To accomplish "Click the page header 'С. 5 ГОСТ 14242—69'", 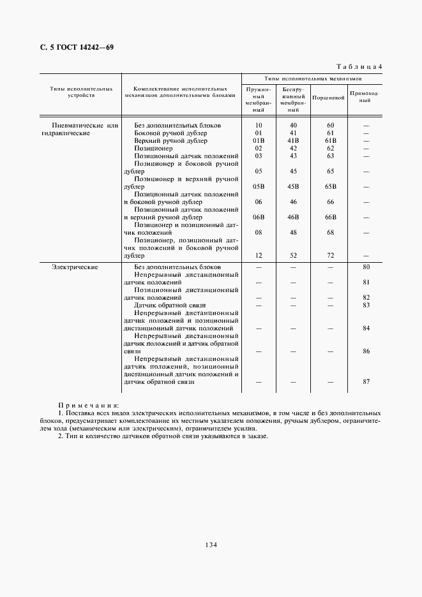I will [73, 47].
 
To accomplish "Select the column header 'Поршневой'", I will [329, 98].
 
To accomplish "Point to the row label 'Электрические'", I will [75, 267].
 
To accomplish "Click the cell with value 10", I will [259, 126].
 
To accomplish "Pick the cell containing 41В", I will [294, 140].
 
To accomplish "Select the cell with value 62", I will [330, 148].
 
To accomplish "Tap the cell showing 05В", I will [259, 187].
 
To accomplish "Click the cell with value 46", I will [294, 202].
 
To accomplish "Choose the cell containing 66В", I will [330, 217].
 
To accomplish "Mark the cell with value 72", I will [330, 255].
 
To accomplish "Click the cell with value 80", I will [366, 267].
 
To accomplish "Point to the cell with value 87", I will [366, 381].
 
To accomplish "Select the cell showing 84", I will [366, 328].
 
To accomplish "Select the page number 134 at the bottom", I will [211, 545].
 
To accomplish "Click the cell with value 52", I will [294, 255].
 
